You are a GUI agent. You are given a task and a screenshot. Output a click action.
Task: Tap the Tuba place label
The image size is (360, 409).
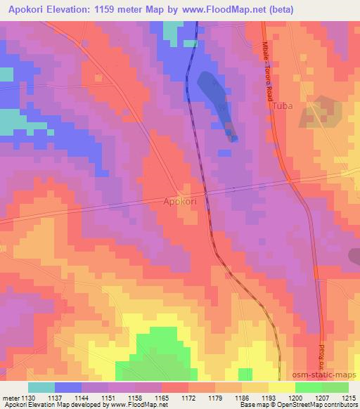(282, 107)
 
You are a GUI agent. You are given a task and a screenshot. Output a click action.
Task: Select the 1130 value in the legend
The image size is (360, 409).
(27, 398)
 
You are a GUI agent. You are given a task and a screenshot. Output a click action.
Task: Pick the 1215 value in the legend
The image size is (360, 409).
(349, 398)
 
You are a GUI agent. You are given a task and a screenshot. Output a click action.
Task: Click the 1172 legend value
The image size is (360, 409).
(188, 398)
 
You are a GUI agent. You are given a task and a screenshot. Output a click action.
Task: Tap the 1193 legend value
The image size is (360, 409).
(269, 398)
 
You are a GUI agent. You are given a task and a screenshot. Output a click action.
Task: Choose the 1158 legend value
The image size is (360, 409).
(134, 398)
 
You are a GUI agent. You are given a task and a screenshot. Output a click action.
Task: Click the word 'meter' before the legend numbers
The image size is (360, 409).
(10, 398)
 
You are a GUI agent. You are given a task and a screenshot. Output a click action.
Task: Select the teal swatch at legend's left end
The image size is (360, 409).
(41, 387)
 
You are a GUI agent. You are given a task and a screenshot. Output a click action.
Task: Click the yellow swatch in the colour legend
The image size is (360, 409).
(281, 387)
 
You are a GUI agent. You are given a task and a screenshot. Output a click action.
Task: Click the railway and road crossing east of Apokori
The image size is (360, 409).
(205, 191)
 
